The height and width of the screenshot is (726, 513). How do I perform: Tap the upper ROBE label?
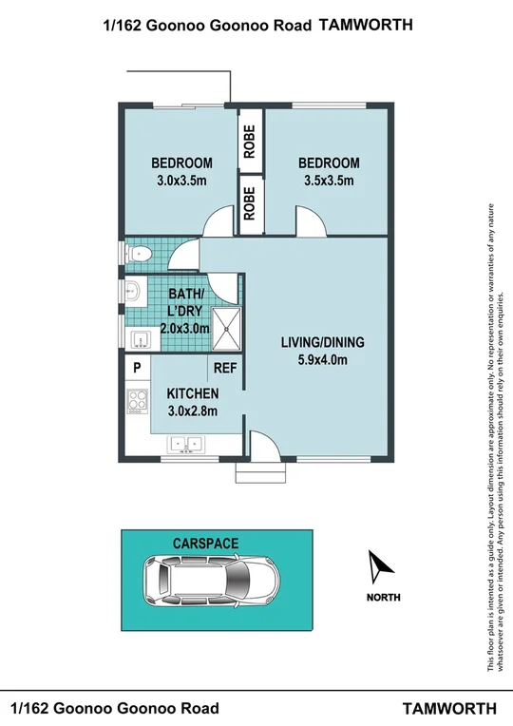[250, 142]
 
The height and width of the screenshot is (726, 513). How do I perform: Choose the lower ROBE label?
[250, 201]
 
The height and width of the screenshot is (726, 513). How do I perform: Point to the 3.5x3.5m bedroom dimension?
[327, 181]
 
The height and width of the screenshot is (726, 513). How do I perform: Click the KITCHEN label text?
[193, 393]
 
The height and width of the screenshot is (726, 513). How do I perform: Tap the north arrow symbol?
[382, 568]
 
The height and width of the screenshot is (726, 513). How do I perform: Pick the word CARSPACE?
[205, 543]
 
